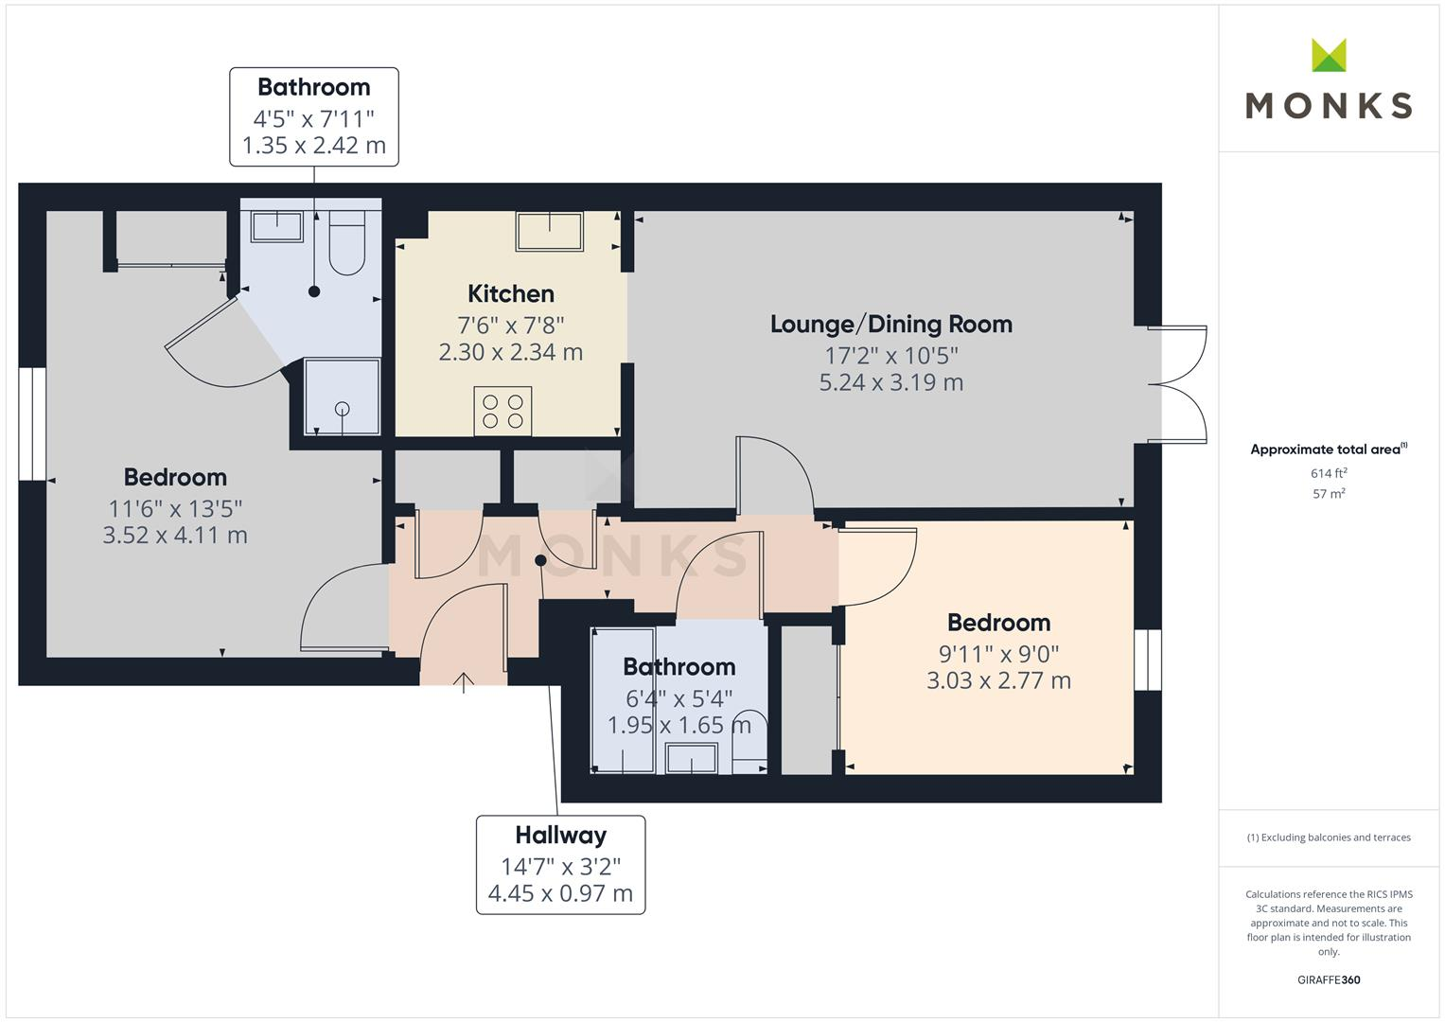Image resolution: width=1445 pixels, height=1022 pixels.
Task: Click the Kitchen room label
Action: tap(510, 293)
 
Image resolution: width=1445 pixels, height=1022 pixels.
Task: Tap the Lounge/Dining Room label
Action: tap(890, 324)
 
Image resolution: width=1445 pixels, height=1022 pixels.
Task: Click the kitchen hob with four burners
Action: tap(502, 412)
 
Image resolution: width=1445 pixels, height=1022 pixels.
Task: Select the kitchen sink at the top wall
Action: tap(549, 230)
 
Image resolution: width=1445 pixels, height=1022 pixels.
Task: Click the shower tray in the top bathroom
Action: tap(342, 396)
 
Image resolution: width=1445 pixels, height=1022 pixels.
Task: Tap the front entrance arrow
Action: tap(464, 681)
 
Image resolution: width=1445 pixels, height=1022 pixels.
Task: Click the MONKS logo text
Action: tap(1329, 105)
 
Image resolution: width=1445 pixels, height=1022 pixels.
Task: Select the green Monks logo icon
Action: tap(1329, 56)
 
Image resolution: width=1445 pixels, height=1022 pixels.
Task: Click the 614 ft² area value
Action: tap(1329, 473)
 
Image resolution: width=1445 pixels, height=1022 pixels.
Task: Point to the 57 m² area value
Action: tap(1329, 494)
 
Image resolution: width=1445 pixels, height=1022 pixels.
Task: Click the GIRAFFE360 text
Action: tap(1329, 979)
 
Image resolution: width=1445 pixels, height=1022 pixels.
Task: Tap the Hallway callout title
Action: tap(560, 835)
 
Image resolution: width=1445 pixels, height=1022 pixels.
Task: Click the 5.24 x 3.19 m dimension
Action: tap(890, 382)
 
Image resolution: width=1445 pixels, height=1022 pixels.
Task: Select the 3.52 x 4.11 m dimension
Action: tap(175, 535)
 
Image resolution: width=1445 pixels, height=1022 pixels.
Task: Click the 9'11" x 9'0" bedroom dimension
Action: tap(998, 653)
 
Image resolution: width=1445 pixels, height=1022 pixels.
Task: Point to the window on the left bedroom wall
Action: tap(32, 423)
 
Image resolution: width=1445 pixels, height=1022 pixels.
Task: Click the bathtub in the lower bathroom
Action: tap(623, 700)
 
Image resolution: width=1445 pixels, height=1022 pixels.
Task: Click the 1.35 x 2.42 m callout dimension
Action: tap(313, 146)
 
